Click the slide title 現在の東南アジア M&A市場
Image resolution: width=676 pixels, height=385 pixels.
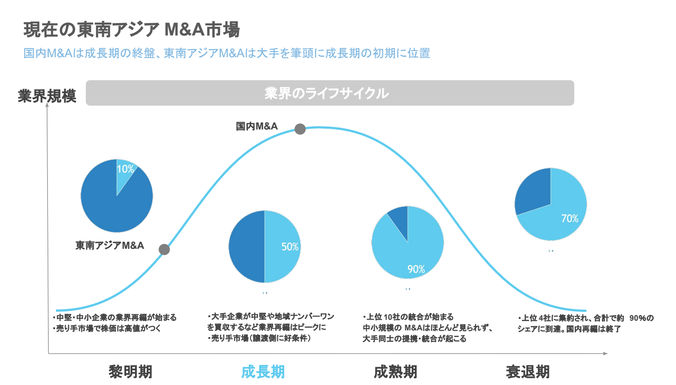point(131,30)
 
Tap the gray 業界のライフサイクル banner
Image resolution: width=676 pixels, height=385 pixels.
point(330,93)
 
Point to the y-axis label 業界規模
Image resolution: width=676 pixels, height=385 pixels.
point(47,96)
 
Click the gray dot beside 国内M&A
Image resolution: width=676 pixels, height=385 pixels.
point(300,129)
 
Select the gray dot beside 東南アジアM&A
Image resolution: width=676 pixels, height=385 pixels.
point(164,249)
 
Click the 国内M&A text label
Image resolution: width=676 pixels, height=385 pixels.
point(257,126)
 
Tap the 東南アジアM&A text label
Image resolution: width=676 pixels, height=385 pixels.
point(110,245)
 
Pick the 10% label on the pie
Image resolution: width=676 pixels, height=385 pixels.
point(125,169)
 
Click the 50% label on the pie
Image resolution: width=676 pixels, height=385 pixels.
point(290,247)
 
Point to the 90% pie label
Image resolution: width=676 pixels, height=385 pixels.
point(416,269)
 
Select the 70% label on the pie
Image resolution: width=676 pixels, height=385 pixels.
point(570,218)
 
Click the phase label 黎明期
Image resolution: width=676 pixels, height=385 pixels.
point(131,372)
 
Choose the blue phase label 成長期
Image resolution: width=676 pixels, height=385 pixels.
point(263,372)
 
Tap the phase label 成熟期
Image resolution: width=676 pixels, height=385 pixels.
point(395,372)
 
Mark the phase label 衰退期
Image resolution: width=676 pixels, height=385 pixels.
point(528,372)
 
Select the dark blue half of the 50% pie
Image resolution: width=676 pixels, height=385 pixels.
point(247,247)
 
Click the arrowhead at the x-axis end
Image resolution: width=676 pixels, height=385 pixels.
point(605,354)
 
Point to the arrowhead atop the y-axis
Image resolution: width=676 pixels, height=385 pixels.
point(47,106)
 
